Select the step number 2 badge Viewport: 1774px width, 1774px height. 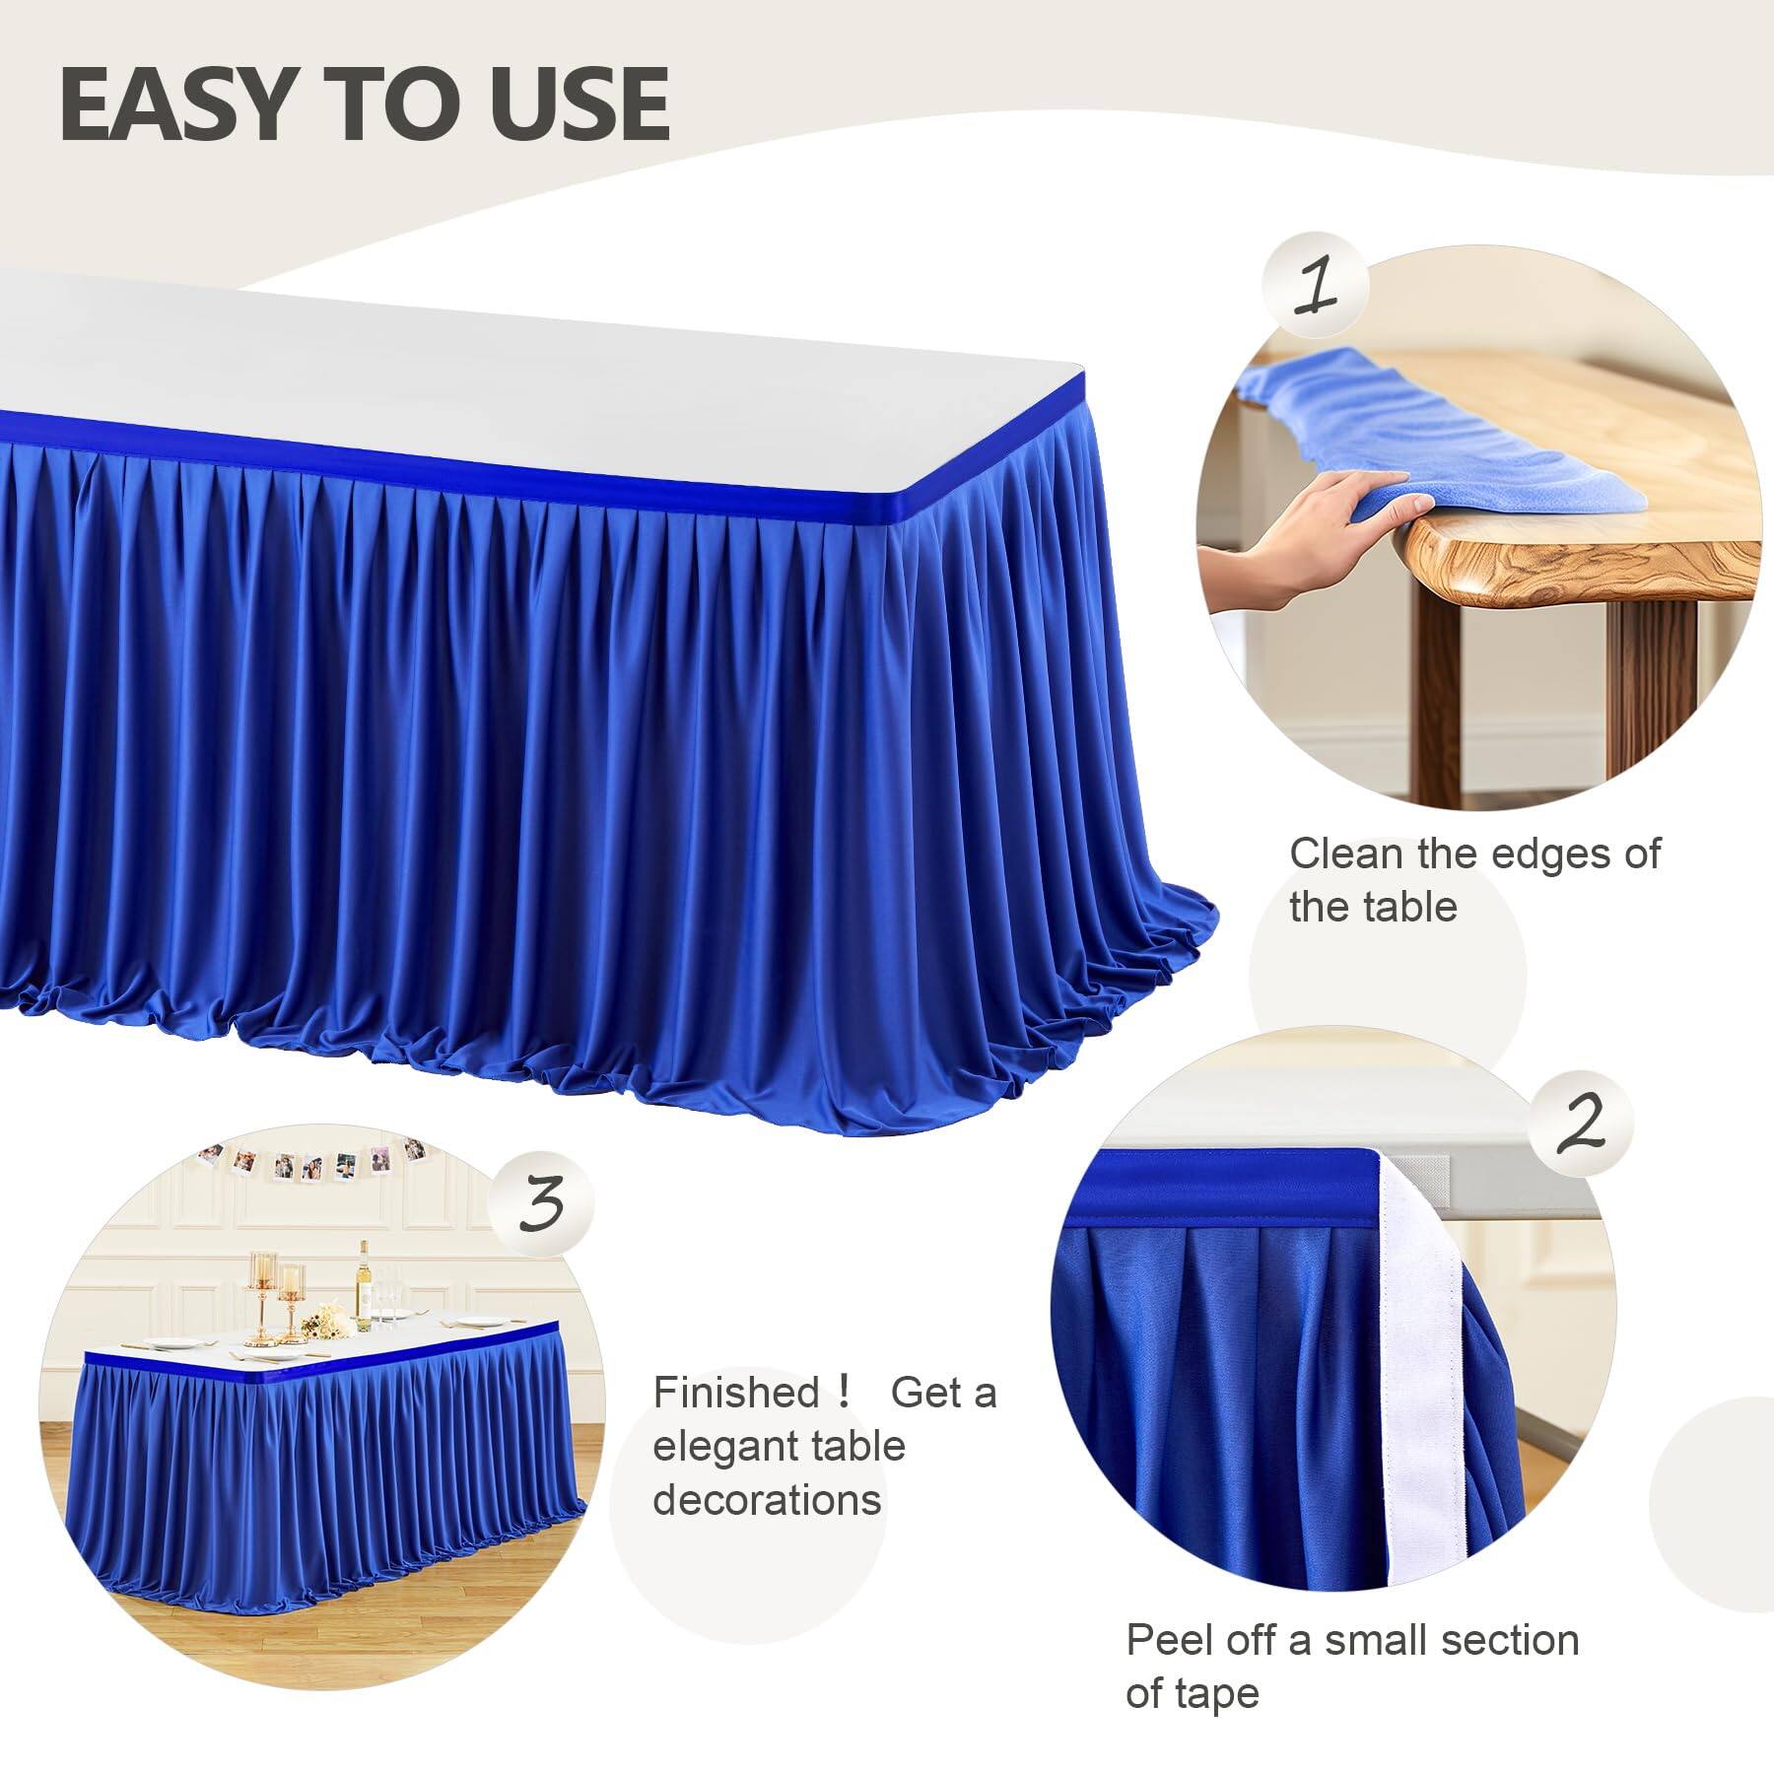click(x=1579, y=1124)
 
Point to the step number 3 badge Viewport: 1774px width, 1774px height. click(x=543, y=1204)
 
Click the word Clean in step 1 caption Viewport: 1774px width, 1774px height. click(x=1346, y=854)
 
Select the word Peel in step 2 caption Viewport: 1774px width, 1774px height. click(x=1167, y=1641)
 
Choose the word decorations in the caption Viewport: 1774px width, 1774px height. click(x=767, y=1500)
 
